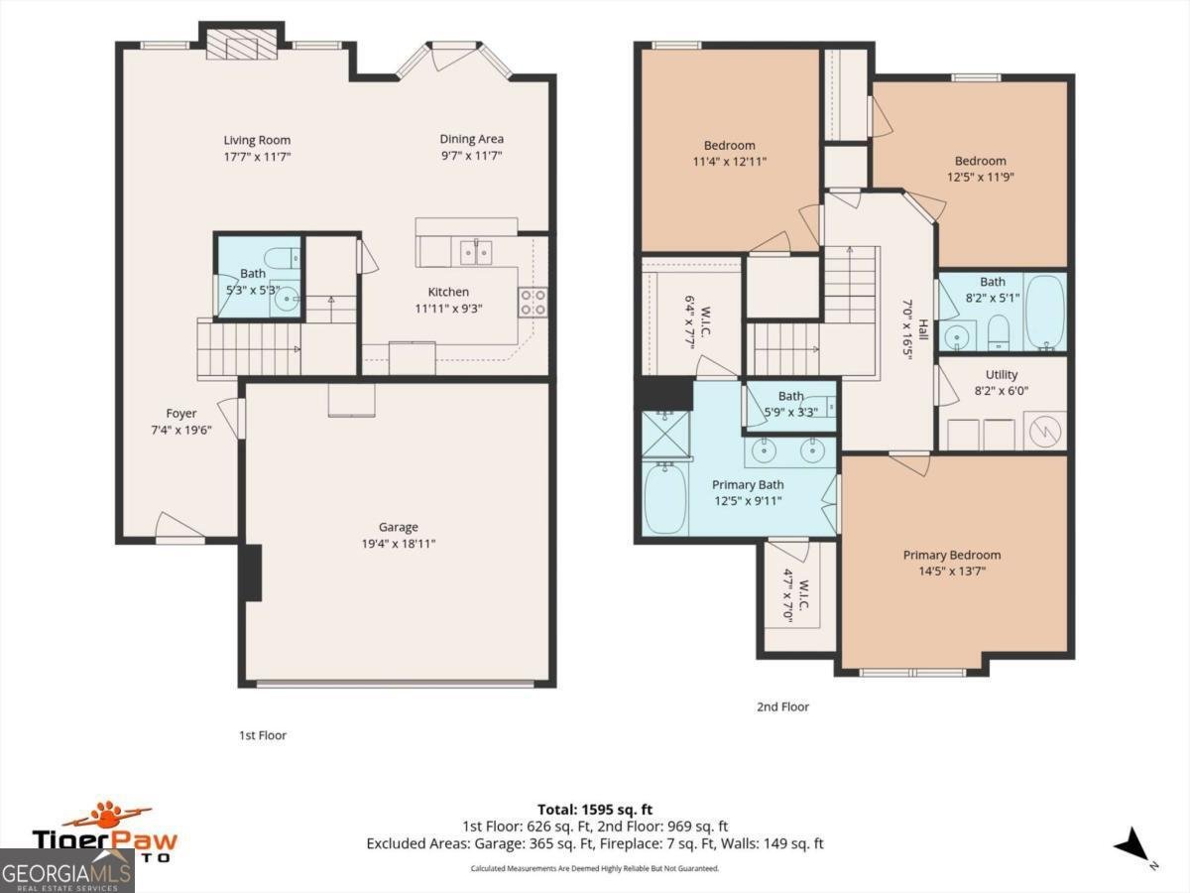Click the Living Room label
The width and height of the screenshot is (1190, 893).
click(x=257, y=140)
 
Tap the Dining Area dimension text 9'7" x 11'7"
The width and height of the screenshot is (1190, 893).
click(x=471, y=157)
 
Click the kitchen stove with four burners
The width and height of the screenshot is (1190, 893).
click(x=533, y=302)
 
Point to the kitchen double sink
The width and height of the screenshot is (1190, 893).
click(x=478, y=252)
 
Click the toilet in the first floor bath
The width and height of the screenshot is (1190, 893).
click(x=285, y=257)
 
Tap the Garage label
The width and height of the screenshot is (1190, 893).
click(x=398, y=527)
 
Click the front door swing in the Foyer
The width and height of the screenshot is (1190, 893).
click(x=178, y=527)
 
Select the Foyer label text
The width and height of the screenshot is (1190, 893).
click(x=180, y=413)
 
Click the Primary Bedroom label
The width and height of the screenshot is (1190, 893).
click(x=951, y=555)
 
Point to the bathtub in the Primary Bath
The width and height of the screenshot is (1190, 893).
click(x=665, y=501)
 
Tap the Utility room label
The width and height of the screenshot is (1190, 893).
click(x=1001, y=374)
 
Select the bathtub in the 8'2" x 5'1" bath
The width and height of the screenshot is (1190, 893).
click(x=1044, y=312)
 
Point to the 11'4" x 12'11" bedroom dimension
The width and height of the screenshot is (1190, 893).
click(x=729, y=161)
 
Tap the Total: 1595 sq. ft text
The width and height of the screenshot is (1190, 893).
click(x=594, y=809)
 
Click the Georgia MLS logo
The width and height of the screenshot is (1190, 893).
click(x=66, y=872)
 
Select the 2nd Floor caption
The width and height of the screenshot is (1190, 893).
click(x=781, y=706)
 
